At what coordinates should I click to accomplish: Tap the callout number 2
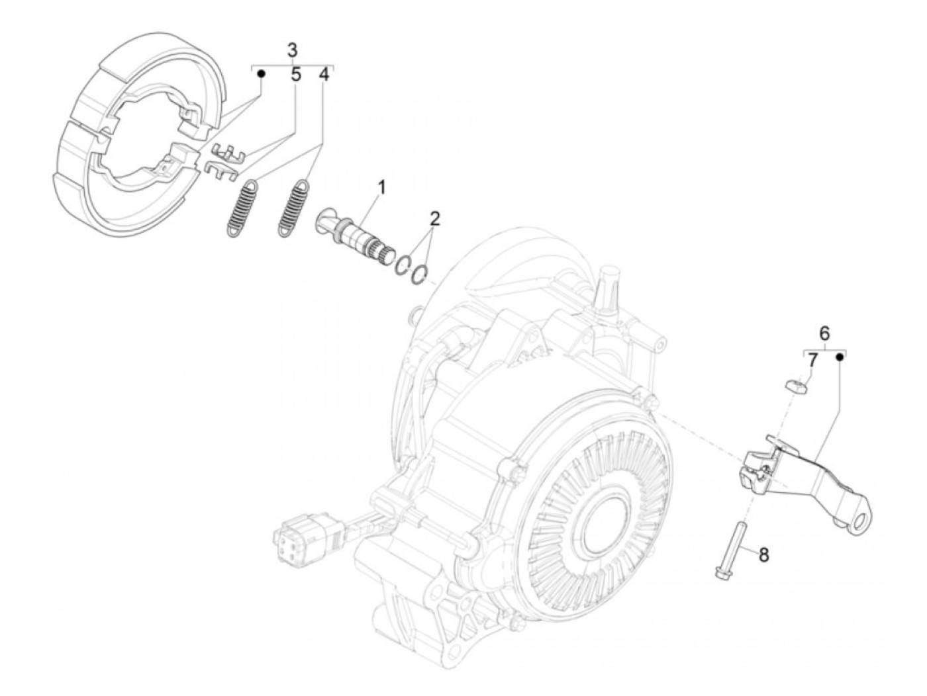(434, 218)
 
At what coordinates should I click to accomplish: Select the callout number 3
(293, 50)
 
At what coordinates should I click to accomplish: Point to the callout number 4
(324, 75)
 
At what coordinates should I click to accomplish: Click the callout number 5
(296, 75)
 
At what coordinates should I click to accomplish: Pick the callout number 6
(824, 333)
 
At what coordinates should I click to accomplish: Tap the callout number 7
(812, 361)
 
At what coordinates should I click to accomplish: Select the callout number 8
(763, 554)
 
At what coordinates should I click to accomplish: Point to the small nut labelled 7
(794, 385)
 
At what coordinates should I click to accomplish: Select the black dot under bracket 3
(262, 74)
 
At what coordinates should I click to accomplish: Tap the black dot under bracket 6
(840, 357)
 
